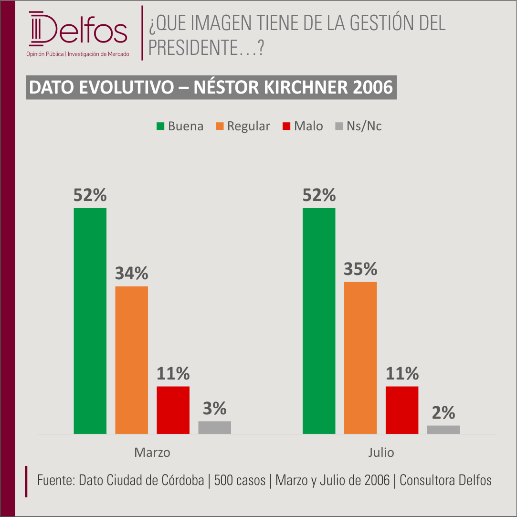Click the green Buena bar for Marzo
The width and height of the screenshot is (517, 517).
pos(90,321)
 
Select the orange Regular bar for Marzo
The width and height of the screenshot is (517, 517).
pos(132,360)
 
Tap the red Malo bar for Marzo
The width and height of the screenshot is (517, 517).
pos(173,410)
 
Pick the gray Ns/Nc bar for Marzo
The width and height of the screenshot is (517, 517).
pos(215,428)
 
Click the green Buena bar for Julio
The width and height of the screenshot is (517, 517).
pos(319,321)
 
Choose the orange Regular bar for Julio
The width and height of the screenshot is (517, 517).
pos(360,358)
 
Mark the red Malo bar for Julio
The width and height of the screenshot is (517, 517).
pos(402,410)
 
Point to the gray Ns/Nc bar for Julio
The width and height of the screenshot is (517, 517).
pos(443,430)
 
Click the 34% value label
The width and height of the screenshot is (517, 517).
pos(132,273)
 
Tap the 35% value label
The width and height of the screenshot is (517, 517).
pos(360,269)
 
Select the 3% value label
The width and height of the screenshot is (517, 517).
pos(215,408)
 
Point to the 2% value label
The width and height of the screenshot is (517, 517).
pos(443,412)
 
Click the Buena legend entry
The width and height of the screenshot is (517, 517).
pos(179,126)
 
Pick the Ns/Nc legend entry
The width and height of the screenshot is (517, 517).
pos(359,126)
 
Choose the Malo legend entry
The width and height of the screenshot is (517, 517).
pos(303,126)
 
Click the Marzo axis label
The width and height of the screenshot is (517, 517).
pos(152,453)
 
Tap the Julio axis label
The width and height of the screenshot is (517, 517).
pos(381,453)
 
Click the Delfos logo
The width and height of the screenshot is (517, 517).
pos(78,33)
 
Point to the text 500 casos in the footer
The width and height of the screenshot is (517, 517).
pos(240,480)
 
